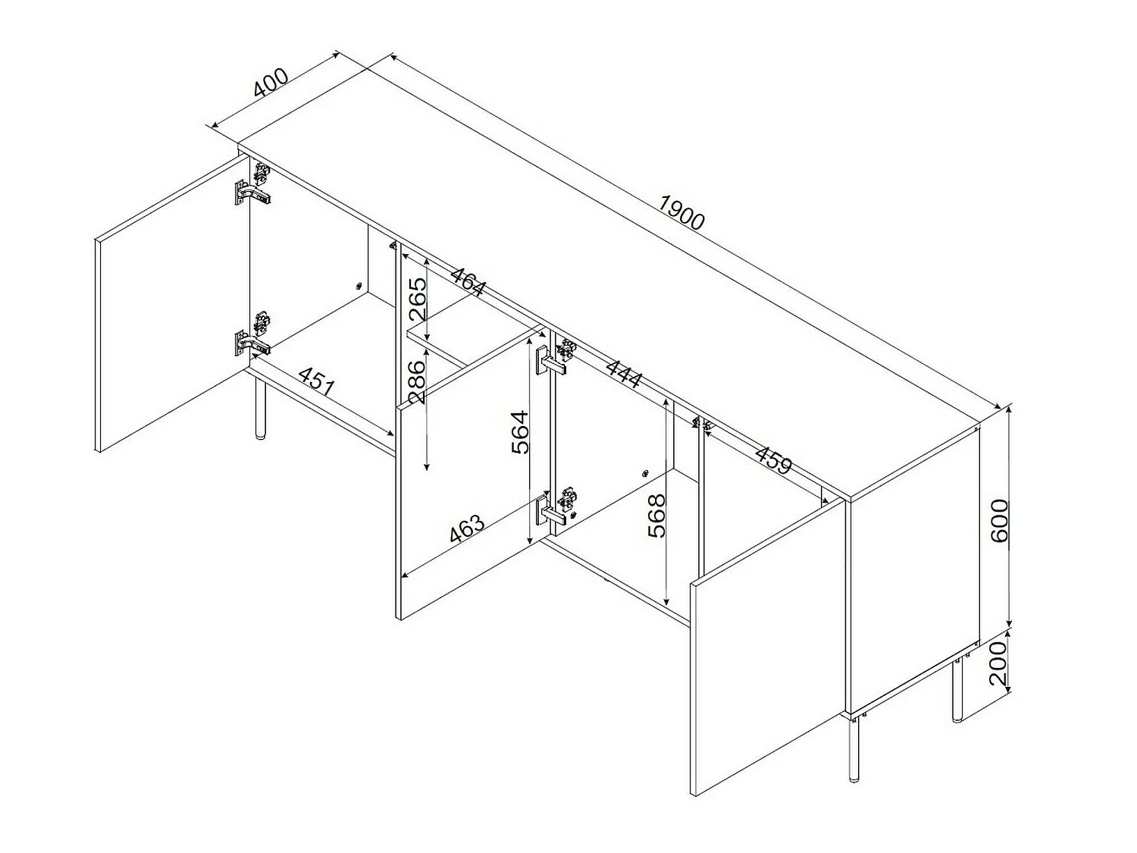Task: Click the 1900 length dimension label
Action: click(x=681, y=212)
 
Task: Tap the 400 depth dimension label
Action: click(x=271, y=83)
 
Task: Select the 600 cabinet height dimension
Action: click(x=1000, y=520)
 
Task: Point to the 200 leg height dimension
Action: click(x=998, y=663)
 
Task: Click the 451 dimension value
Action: click(x=318, y=381)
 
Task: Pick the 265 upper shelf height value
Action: click(x=418, y=299)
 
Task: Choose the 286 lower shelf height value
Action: click(x=416, y=381)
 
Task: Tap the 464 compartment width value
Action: click(x=468, y=281)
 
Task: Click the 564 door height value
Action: click(x=519, y=432)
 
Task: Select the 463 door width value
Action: click(x=467, y=528)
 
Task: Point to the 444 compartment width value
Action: click(x=624, y=373)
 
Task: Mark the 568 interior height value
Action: click(x=656, y=516)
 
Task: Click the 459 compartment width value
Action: click(x=773, y=459)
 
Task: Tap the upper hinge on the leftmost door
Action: click(x=253, y=183)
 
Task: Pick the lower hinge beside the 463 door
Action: click(x=557, y=508)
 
